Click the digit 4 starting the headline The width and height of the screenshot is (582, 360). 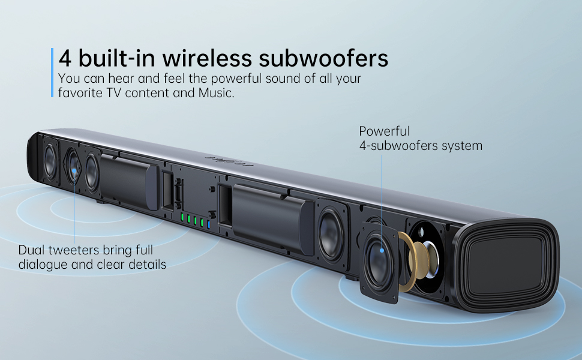click(65, 59)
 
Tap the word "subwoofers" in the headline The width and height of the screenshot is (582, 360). click(325, 59)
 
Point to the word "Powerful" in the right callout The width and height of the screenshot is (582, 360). click(384, 131)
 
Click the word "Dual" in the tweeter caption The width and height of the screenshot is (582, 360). click(31, 250)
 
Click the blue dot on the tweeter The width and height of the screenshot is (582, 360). click(74, 171)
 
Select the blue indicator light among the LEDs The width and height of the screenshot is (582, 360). click(208, 224)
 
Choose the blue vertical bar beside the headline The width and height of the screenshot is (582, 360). click(53, 72)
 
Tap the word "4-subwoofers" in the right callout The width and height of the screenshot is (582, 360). click(397, 145)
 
